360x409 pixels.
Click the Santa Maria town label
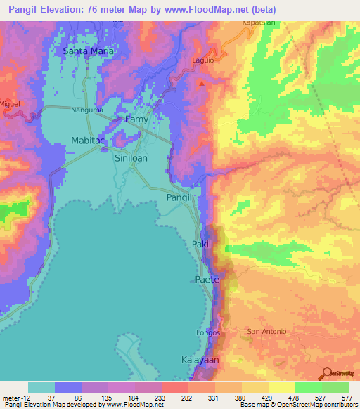click(x=88, y=51)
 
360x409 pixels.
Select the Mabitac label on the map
click(x=88, y=141)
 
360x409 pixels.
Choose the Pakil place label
click(x=201, y=244)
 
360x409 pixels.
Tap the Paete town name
click(x=207, y=280)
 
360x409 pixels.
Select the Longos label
click(x=209, y=332)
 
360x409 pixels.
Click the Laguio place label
click(x=202, y=60)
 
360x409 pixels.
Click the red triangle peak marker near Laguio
click(x=202, y=84)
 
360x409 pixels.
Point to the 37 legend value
click(x=51, y=397)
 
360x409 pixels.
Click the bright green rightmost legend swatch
click(x=335, y=387)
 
